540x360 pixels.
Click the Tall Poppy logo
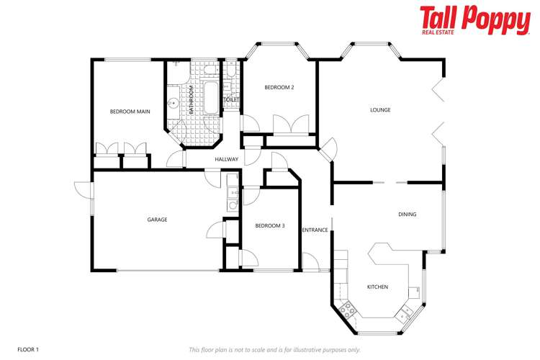475,20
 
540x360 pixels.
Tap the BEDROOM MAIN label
130,112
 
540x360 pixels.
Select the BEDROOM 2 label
279,88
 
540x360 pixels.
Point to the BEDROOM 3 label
270,226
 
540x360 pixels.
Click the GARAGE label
157,220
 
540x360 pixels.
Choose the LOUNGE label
380,110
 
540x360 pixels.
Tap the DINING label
407,215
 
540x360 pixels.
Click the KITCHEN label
377,287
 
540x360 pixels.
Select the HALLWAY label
226,160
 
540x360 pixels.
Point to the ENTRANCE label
315,230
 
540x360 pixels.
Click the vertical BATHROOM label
192,100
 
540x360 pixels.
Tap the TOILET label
231,99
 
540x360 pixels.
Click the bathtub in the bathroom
211,98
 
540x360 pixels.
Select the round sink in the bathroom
174,102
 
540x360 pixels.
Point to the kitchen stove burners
348,310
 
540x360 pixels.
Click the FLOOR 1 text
28,350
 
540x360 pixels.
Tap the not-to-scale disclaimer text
274,350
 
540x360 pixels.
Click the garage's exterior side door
84,190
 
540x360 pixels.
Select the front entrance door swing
311,262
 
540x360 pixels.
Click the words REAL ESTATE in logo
438,32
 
